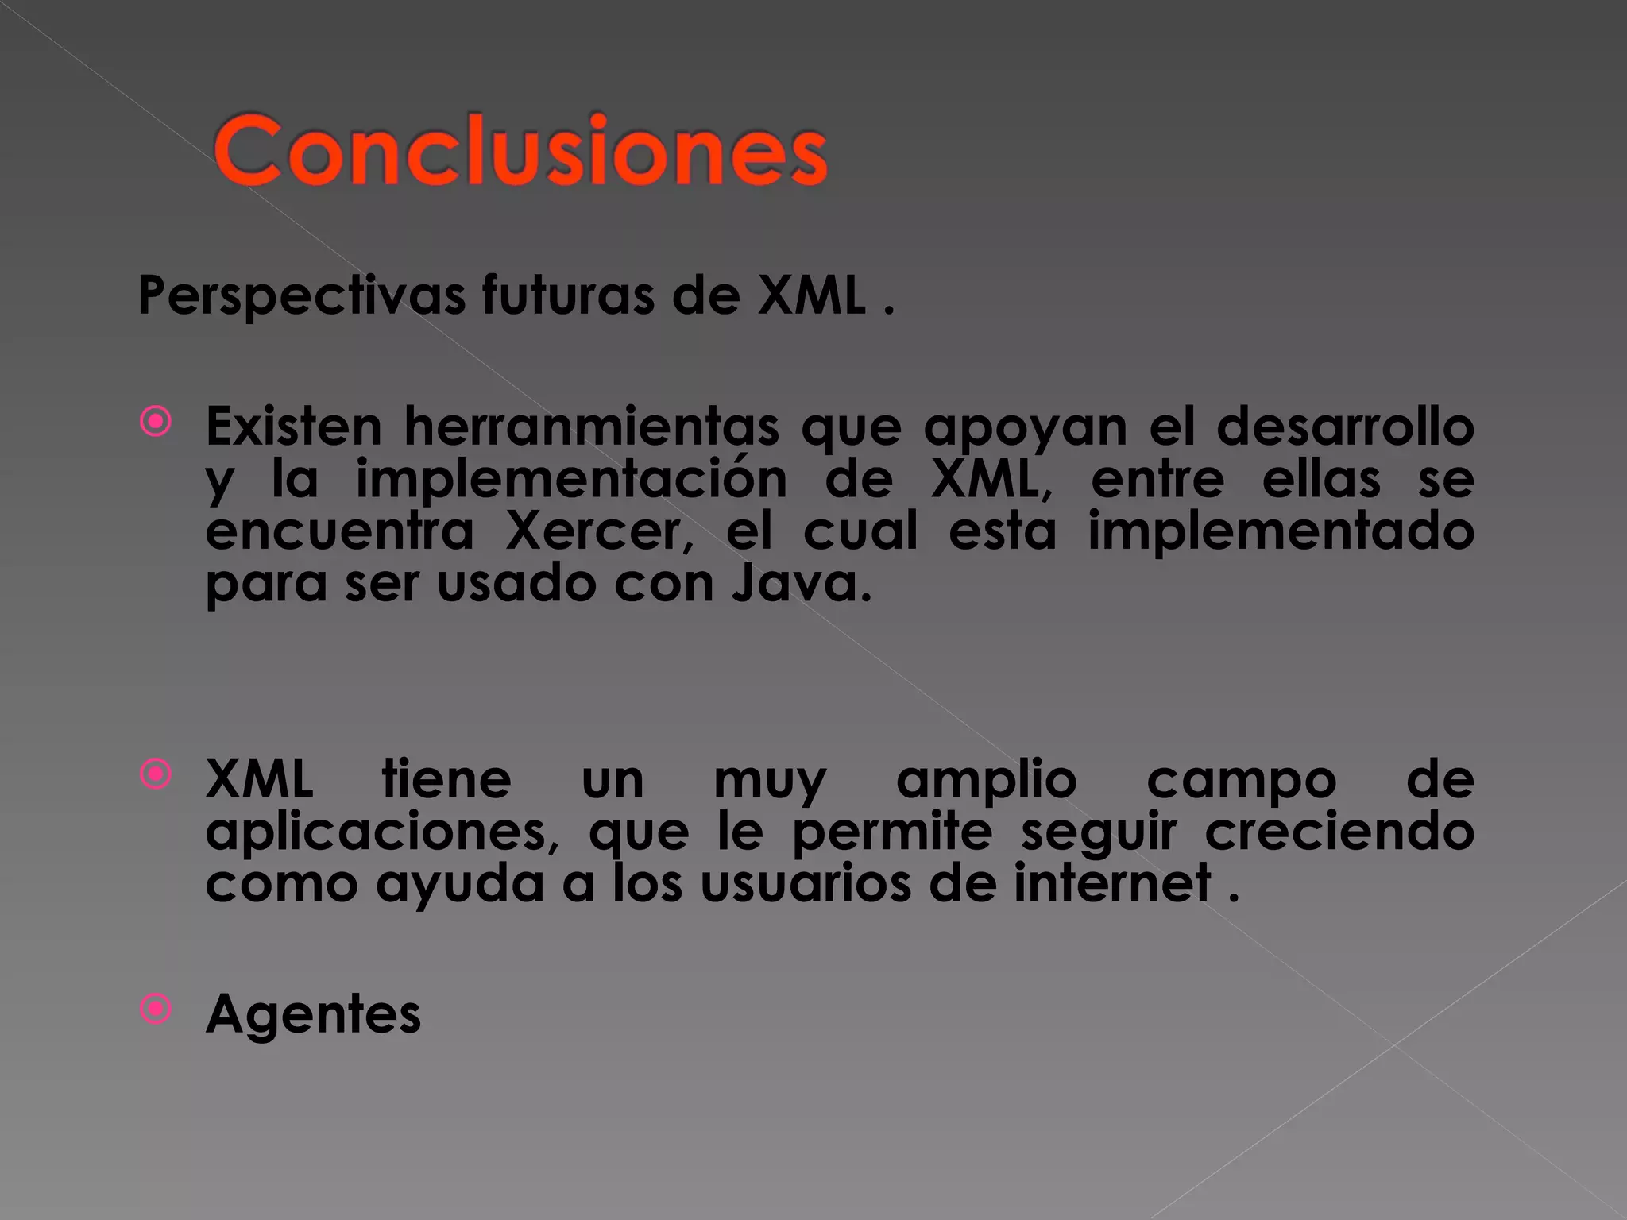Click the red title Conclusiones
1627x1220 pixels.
[x=520, y=150]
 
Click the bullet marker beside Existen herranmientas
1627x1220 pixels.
[x=156, y=421]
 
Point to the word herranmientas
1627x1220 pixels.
[x=592, y=427]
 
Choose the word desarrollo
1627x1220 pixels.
[x=1344, y=427]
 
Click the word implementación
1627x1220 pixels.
[x=571, y=480]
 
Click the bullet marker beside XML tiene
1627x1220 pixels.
[x=156, y=773]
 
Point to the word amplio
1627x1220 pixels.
[x=986, y=781]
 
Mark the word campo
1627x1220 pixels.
[x=1242, y=781]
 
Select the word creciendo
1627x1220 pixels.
[x=1339, y=832]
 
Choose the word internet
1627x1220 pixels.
[x=1112, y=883]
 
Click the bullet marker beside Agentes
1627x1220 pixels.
[x=156, y=1010]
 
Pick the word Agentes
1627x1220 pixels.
[x=313, y=1015]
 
